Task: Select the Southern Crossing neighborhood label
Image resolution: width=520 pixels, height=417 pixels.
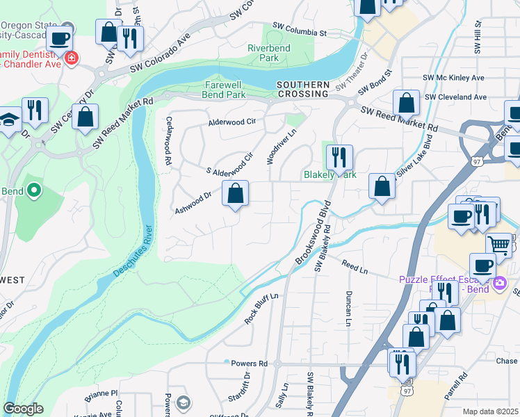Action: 302,89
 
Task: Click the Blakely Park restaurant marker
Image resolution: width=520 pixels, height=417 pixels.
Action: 339,157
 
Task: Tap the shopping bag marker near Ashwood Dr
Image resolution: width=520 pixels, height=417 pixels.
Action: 236,193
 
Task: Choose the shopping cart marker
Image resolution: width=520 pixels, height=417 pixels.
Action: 498,244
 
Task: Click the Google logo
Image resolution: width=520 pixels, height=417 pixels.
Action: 23,409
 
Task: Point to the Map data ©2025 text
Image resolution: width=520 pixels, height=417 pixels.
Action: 491,411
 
